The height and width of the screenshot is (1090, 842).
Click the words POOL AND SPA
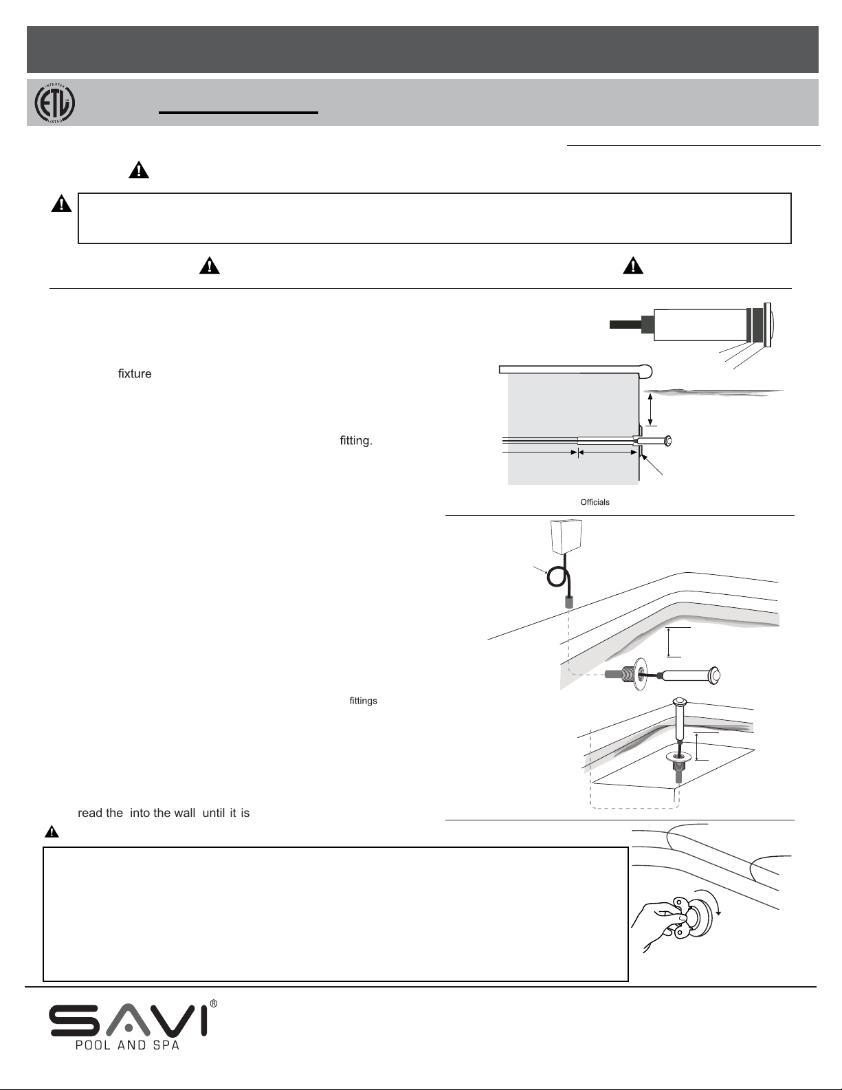[x=128, y=1046]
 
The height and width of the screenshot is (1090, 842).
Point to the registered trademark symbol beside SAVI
[x=214, y=1004]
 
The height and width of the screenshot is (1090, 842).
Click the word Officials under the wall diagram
[x=595, y=502]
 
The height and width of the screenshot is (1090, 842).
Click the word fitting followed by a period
[x=356, y=441]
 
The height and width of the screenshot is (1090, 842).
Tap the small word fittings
[x=363, y=701]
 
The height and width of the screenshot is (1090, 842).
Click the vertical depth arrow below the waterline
[x=650, y=408]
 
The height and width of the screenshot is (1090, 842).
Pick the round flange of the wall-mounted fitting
[x=639, y=675]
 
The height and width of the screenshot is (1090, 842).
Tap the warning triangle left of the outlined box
[x=62, y=204]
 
